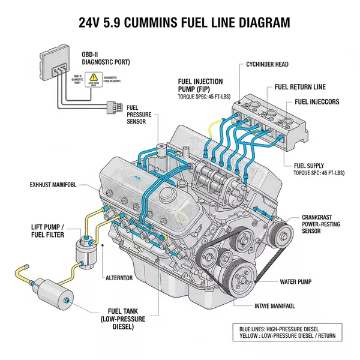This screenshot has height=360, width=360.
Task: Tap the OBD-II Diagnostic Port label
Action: tap(106, 58)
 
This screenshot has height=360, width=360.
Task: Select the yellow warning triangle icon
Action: tap(93, 78)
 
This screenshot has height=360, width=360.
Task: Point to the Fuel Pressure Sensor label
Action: tap(140, 113)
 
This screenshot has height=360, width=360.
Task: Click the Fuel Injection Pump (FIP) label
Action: tap(200, 85)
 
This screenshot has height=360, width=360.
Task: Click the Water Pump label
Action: tap(299, 281)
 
